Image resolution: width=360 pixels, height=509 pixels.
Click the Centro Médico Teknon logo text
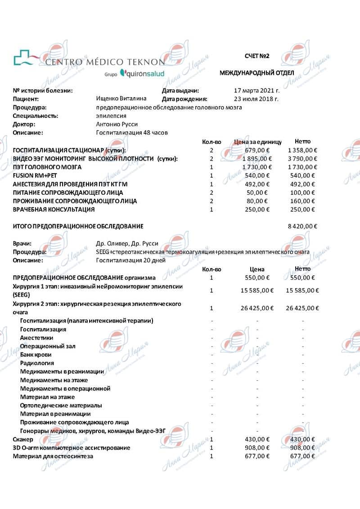pos(105,61)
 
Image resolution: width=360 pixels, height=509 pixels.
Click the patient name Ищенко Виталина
pos(121,99)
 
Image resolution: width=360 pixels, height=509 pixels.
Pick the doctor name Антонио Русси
pos(117,124)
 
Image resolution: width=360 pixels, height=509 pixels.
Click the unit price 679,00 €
pos(260,150)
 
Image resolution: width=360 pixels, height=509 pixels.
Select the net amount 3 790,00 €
pos(302,159)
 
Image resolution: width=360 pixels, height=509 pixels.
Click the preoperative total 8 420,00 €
pos(302,226)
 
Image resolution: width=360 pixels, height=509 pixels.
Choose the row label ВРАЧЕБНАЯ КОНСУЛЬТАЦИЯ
pos(54,210)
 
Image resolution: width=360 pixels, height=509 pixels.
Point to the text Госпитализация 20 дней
pos(130,260)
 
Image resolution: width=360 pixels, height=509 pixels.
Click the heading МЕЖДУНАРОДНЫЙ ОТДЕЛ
pos(256,73)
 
